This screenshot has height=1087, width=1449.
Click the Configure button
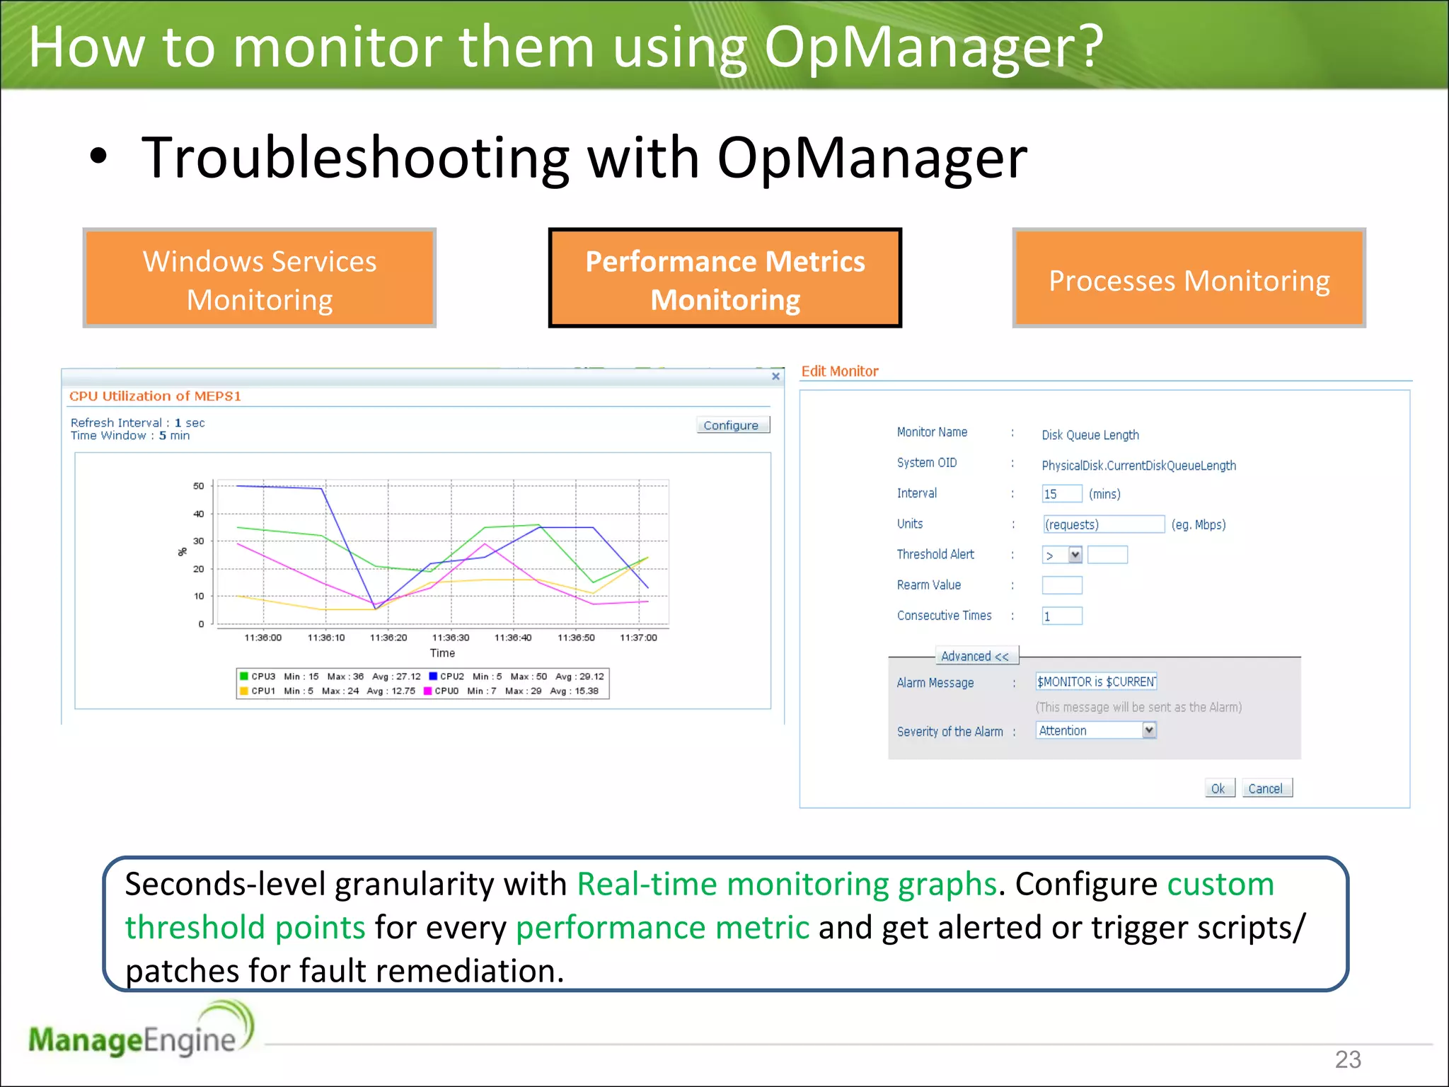[x=732, y=425]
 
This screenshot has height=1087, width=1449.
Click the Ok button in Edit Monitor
[x=1218, y=788]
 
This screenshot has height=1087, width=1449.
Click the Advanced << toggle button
[x=975, y=656]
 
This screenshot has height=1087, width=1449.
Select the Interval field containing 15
[x=1061, y=494]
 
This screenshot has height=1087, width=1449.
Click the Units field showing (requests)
[x=1103, y=524]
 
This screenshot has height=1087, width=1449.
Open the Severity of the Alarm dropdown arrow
[x=1149, y=730]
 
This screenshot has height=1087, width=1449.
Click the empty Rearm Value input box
[x=1061, y=585]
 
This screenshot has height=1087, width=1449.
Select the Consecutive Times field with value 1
[x=1061, y=616]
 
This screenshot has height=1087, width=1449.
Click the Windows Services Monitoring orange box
[x=260, y=279]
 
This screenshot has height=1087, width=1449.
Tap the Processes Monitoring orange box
[x=1189, y=279]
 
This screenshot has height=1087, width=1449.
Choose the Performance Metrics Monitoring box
[x=724, y=279]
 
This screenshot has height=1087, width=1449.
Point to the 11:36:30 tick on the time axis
[x=451, y=638]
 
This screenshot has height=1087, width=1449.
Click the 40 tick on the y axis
[x=199, y=514]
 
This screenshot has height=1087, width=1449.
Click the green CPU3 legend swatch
[x=244, y=677]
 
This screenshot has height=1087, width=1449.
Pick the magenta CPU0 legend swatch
[x=427, y=691]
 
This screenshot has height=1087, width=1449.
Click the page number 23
[x=1347, y=1059]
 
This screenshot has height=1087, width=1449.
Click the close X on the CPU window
[x=775, y=376]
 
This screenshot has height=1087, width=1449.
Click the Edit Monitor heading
[x=839, y=372]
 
